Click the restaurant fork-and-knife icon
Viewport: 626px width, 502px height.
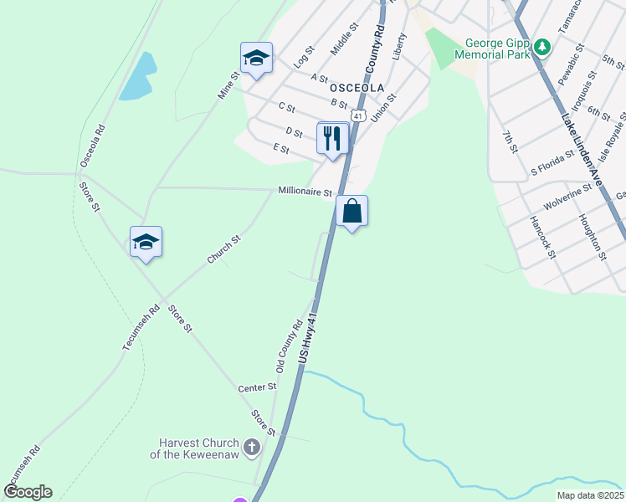(332, 138)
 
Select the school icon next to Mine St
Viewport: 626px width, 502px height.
(256, 58)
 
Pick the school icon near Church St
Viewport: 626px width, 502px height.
(146, 242)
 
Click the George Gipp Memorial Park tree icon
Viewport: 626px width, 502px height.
(542, 47)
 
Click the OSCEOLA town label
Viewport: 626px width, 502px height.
(357, 87)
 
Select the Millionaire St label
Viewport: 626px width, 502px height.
(305, 192)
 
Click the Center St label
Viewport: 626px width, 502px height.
(257, 387)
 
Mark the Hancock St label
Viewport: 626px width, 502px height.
(542, 237)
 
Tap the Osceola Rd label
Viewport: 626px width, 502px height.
(92, 146)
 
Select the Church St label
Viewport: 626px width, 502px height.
(224, 250)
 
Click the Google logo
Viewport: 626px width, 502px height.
(28, 492)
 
